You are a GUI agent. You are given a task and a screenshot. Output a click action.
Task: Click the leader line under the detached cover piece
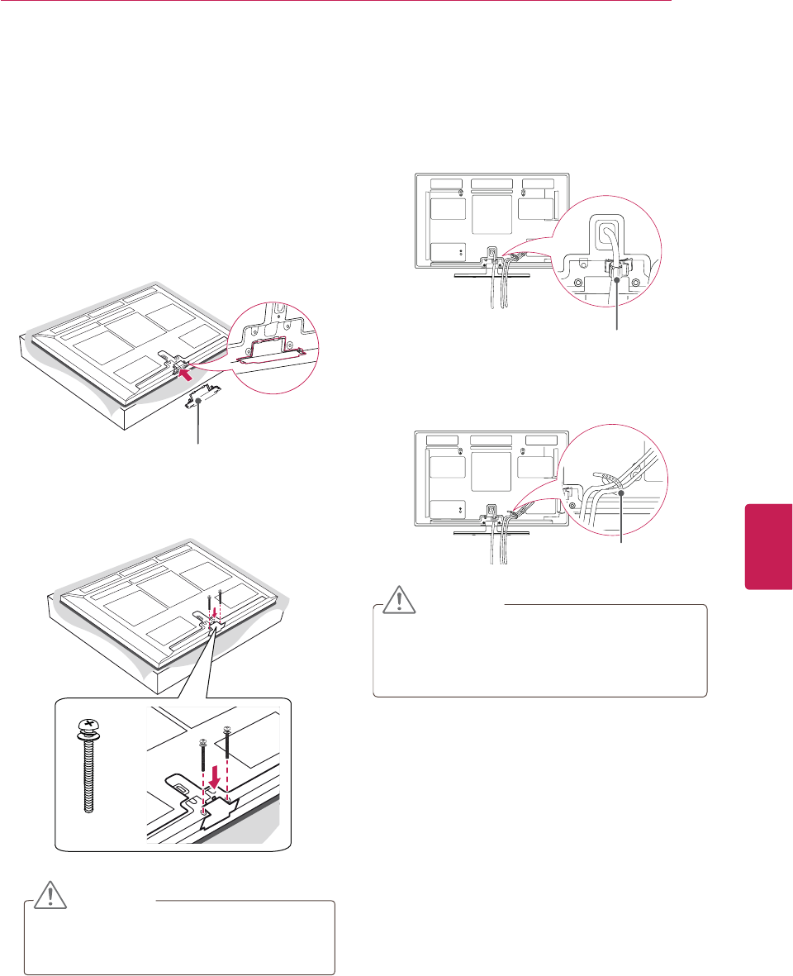coord(197,426)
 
